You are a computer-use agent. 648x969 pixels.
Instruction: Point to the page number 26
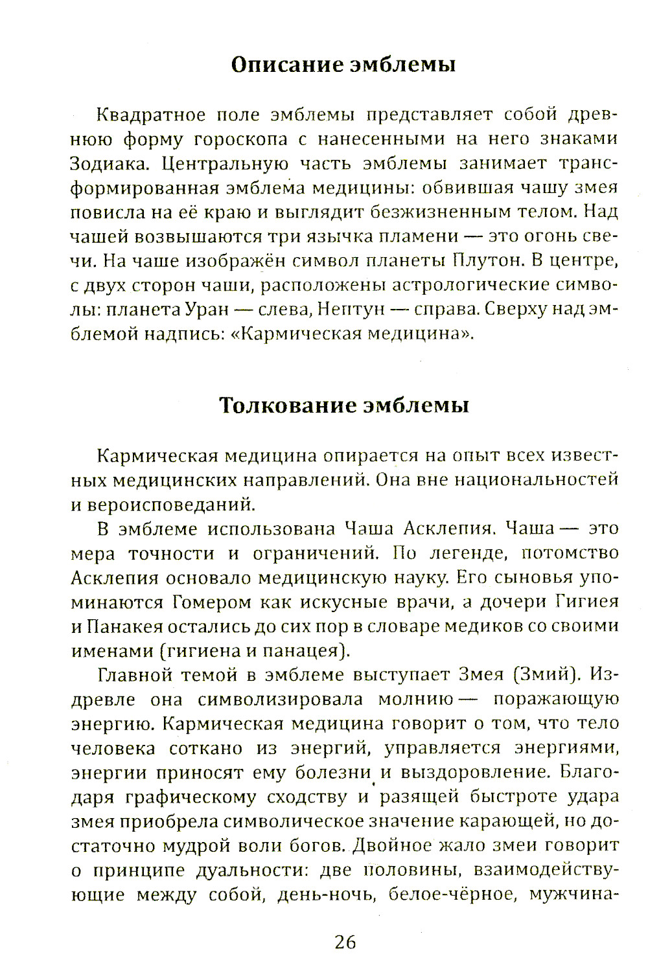tap(345, 942)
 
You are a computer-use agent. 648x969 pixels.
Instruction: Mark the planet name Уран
tap(202, 310)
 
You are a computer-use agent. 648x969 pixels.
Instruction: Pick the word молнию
tap(415, 700)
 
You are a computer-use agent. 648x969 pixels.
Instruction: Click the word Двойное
tap(394, 846)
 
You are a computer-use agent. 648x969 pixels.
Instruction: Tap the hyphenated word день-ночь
tap(327, 895)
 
